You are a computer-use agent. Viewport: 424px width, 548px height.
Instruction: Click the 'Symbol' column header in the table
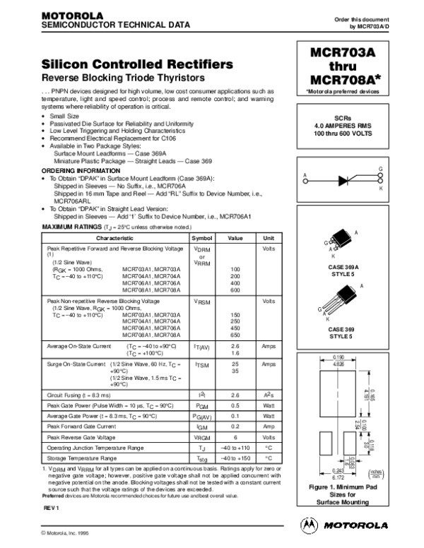click(202, 239)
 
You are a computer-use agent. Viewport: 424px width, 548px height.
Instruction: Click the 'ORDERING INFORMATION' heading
click(77, 171)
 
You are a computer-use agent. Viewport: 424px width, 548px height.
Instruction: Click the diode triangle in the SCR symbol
click(344, 180)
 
